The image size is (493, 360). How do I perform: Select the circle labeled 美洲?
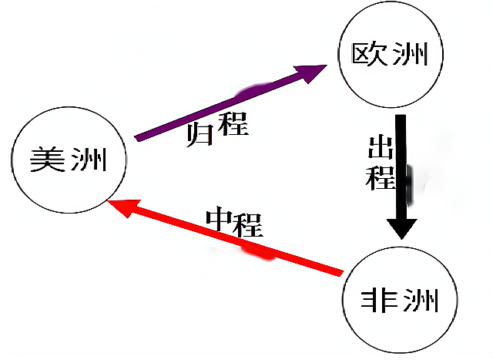coord(69,160)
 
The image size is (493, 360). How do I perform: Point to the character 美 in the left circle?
coord(48,161)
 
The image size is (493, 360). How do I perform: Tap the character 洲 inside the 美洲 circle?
coord(89,161)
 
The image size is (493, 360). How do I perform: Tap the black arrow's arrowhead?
coord(401,227)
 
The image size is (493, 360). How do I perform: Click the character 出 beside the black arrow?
coord(379,150)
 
